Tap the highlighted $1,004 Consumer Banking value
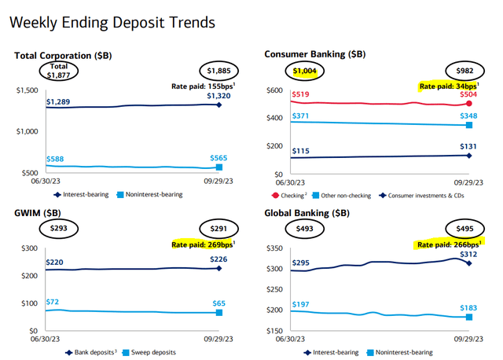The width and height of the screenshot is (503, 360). click(304, 72)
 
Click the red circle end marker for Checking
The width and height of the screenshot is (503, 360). click(469, 104)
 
